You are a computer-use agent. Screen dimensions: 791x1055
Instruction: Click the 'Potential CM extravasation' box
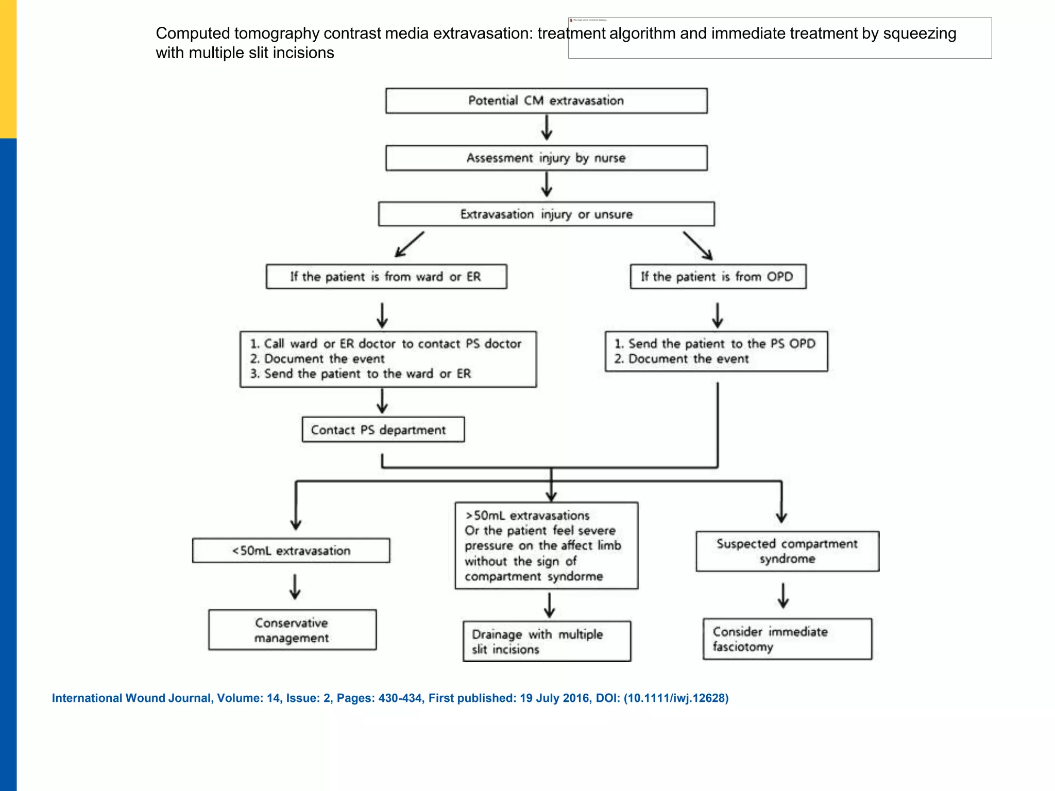point(546,101)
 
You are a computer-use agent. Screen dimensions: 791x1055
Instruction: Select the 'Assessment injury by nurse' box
point(546,158)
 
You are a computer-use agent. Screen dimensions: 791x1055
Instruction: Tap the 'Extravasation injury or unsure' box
point(546,214)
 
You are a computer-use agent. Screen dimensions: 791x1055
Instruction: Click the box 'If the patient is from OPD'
point(718,277)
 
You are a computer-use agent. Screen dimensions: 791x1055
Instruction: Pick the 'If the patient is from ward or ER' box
point(386,277)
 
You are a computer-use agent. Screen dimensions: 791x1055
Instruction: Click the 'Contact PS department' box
point(383,430)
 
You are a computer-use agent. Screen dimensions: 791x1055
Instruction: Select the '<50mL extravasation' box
point(291,551)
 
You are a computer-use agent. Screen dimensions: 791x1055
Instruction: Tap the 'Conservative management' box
point(292,630)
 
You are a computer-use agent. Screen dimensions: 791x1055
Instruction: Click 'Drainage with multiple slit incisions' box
point(547,642)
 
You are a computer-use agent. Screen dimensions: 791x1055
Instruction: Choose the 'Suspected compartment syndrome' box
point(787,552)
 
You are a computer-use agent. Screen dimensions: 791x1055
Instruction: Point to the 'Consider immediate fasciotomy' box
point(787,639)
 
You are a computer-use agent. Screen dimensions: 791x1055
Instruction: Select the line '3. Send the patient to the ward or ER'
point(361,374)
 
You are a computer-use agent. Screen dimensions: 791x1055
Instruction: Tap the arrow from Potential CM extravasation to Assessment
point(547,128)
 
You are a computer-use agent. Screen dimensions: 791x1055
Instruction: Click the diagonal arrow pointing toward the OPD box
point(699,246)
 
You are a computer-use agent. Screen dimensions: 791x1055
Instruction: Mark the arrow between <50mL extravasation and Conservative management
point(295,587)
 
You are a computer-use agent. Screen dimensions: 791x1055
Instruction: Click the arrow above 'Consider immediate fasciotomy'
point(783,596)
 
